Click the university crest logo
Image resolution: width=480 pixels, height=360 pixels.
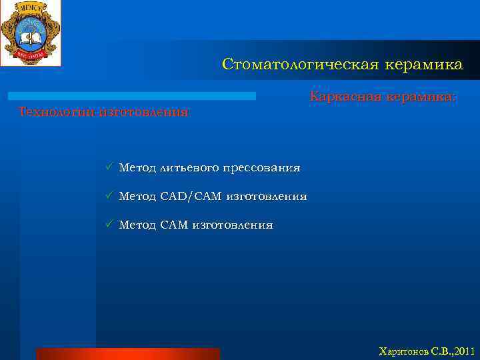pos(30,32)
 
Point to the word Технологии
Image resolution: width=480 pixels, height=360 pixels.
pos(56,111)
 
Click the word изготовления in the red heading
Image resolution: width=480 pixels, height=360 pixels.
pos(144,111)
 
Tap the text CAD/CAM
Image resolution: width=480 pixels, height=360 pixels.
pos(191,197)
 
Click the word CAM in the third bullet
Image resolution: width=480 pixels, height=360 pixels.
pos(174,225)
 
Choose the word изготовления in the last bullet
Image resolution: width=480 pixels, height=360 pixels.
pos(232,225)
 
